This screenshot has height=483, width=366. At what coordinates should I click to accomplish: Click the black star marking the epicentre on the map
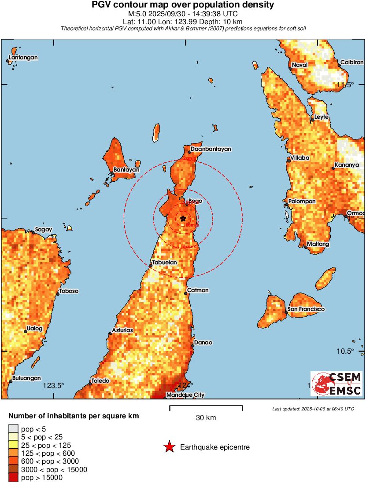183,219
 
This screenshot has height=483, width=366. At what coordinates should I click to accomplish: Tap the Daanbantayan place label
211,149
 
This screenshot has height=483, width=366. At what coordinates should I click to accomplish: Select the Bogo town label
195,201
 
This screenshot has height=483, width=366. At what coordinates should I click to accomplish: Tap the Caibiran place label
352,63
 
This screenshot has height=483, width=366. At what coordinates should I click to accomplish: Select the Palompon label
302,201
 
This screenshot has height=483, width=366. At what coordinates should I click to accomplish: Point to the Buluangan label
27,378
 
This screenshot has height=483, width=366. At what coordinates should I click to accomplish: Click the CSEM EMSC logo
337,384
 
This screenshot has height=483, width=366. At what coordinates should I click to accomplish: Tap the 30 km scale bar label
206,418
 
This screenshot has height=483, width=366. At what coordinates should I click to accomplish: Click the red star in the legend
169,447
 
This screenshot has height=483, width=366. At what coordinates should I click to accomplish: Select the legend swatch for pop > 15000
13,478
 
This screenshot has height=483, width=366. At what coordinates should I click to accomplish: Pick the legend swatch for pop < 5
13,428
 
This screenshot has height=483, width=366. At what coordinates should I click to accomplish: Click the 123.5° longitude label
54,386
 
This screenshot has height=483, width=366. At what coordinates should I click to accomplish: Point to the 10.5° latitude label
345,351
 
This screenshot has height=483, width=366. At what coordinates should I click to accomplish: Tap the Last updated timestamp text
313,409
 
